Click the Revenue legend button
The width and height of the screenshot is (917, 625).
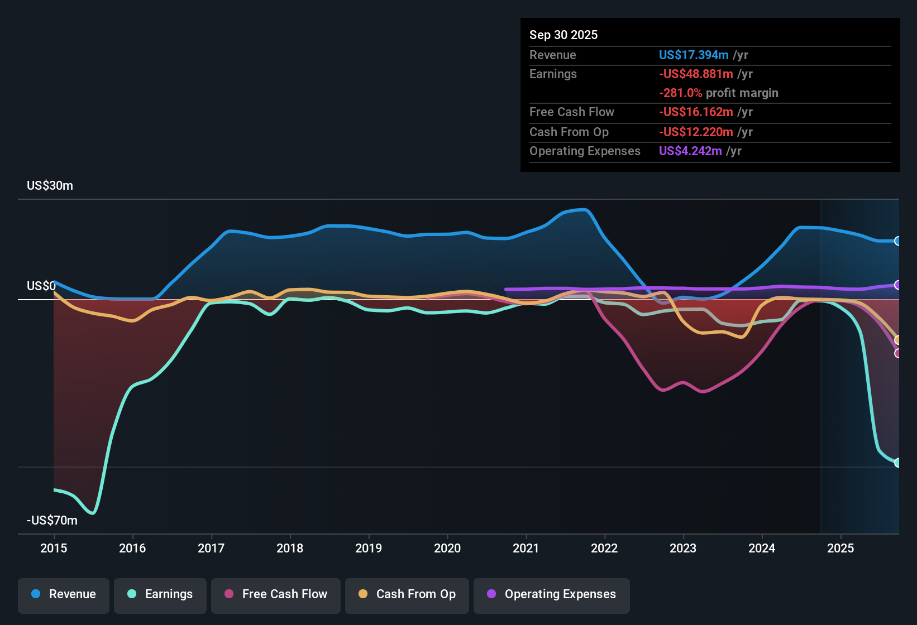point(64,594)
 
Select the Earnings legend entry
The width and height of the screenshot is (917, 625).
point(160,594)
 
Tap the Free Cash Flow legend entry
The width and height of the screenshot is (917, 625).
point(276,594)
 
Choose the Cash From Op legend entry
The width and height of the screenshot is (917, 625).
point(407,594)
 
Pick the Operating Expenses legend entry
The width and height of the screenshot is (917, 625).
point(552,594)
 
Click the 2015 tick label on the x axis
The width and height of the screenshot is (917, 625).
point(54,548)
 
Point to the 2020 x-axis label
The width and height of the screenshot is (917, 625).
point(447,548)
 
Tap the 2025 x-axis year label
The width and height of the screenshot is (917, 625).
point(840,548)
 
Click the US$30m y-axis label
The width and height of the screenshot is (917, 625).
point(50,186)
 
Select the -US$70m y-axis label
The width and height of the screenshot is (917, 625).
point(52,521)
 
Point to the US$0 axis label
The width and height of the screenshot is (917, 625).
point(41,286)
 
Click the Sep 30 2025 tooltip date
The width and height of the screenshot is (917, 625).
point(563,35)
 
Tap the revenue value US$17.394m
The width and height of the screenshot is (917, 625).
point(694,55)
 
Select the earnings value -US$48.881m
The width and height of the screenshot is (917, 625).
point(696,74)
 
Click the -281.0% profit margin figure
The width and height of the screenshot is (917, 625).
point(680,93)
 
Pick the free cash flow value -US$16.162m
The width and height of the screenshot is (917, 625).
point(696,112)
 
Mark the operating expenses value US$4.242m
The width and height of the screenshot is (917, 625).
point(690,151)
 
